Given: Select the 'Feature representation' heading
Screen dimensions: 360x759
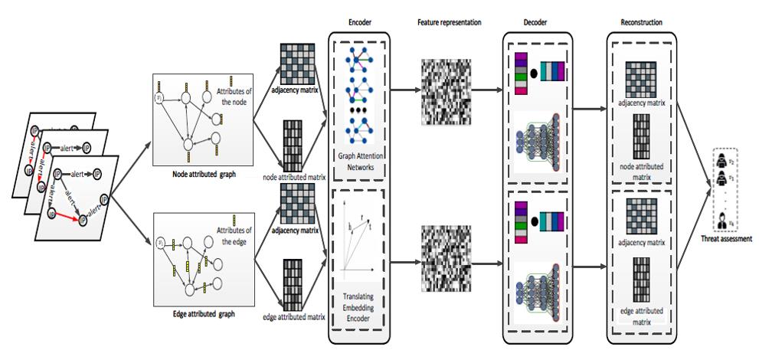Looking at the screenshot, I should tap(449, 23).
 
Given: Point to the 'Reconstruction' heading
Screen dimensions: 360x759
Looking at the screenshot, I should tap(640, 23).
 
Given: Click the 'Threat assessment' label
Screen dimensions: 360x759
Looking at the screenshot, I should tap(725, 238).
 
